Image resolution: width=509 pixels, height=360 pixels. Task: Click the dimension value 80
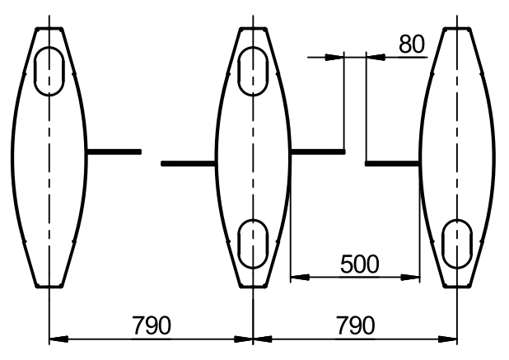(x=411, y=44)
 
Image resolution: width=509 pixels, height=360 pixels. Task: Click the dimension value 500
(x=360, y=264)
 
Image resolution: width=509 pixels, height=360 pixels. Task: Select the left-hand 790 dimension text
(x=152, y=325)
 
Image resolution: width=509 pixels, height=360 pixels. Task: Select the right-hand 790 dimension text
(x=356, y=325)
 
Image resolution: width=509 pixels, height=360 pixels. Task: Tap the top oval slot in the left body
(x=35, y=72)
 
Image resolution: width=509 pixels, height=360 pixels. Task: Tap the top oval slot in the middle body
(x=239, y=72)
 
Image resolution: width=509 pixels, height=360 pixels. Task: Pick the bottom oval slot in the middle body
(x=239, y=244)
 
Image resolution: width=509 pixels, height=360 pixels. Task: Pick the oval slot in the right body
(x=442, y=244)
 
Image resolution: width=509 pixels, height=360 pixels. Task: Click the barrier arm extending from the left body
(x=114, y=152)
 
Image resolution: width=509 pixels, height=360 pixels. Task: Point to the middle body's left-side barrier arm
(x=189, y=164)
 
